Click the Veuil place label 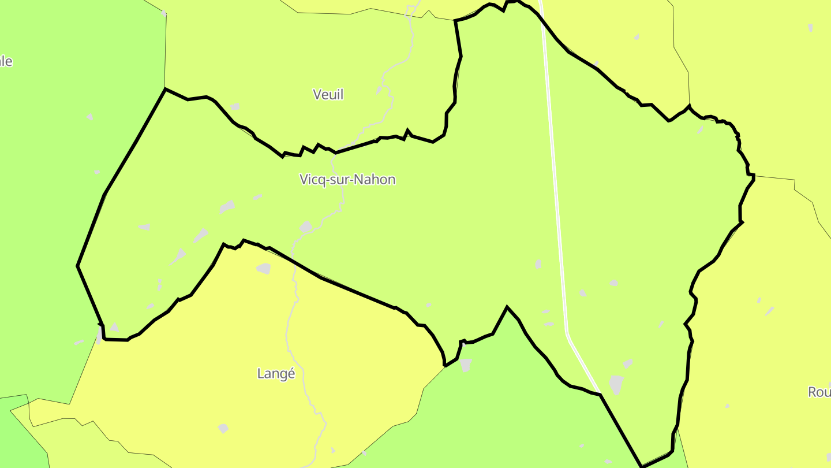tap(328, 94)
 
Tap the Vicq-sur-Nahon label tap(347, 179)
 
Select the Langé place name tap(276, 374)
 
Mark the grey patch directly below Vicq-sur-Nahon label tap(306, 226)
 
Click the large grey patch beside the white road tap(616, 384)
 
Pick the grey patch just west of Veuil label tap(235, 106)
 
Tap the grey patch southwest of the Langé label tap(223, 428)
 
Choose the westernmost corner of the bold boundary tap(77, 266)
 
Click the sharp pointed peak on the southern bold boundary tap(507, 307)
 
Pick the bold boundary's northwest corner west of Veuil tap(166, 89)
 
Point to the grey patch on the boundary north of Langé tap(264, 268)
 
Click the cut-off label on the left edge tap(6, 61)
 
